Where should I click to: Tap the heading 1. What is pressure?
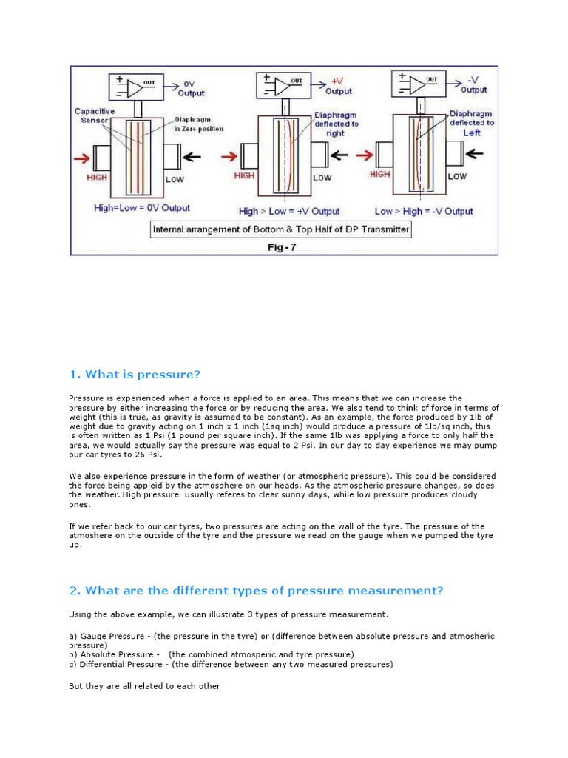[135, 374]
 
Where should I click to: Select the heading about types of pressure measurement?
[256, 590]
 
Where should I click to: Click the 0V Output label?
[190, 89]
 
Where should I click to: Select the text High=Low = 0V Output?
[142, 208]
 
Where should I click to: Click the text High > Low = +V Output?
[289, 211]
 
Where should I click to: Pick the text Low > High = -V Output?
[424, 211]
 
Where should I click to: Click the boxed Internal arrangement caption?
[281, 229]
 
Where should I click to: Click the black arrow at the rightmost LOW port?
[474, 154]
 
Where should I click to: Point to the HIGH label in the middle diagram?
[245, 176]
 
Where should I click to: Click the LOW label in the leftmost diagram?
[175, 180]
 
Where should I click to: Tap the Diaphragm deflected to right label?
[337, 124]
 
